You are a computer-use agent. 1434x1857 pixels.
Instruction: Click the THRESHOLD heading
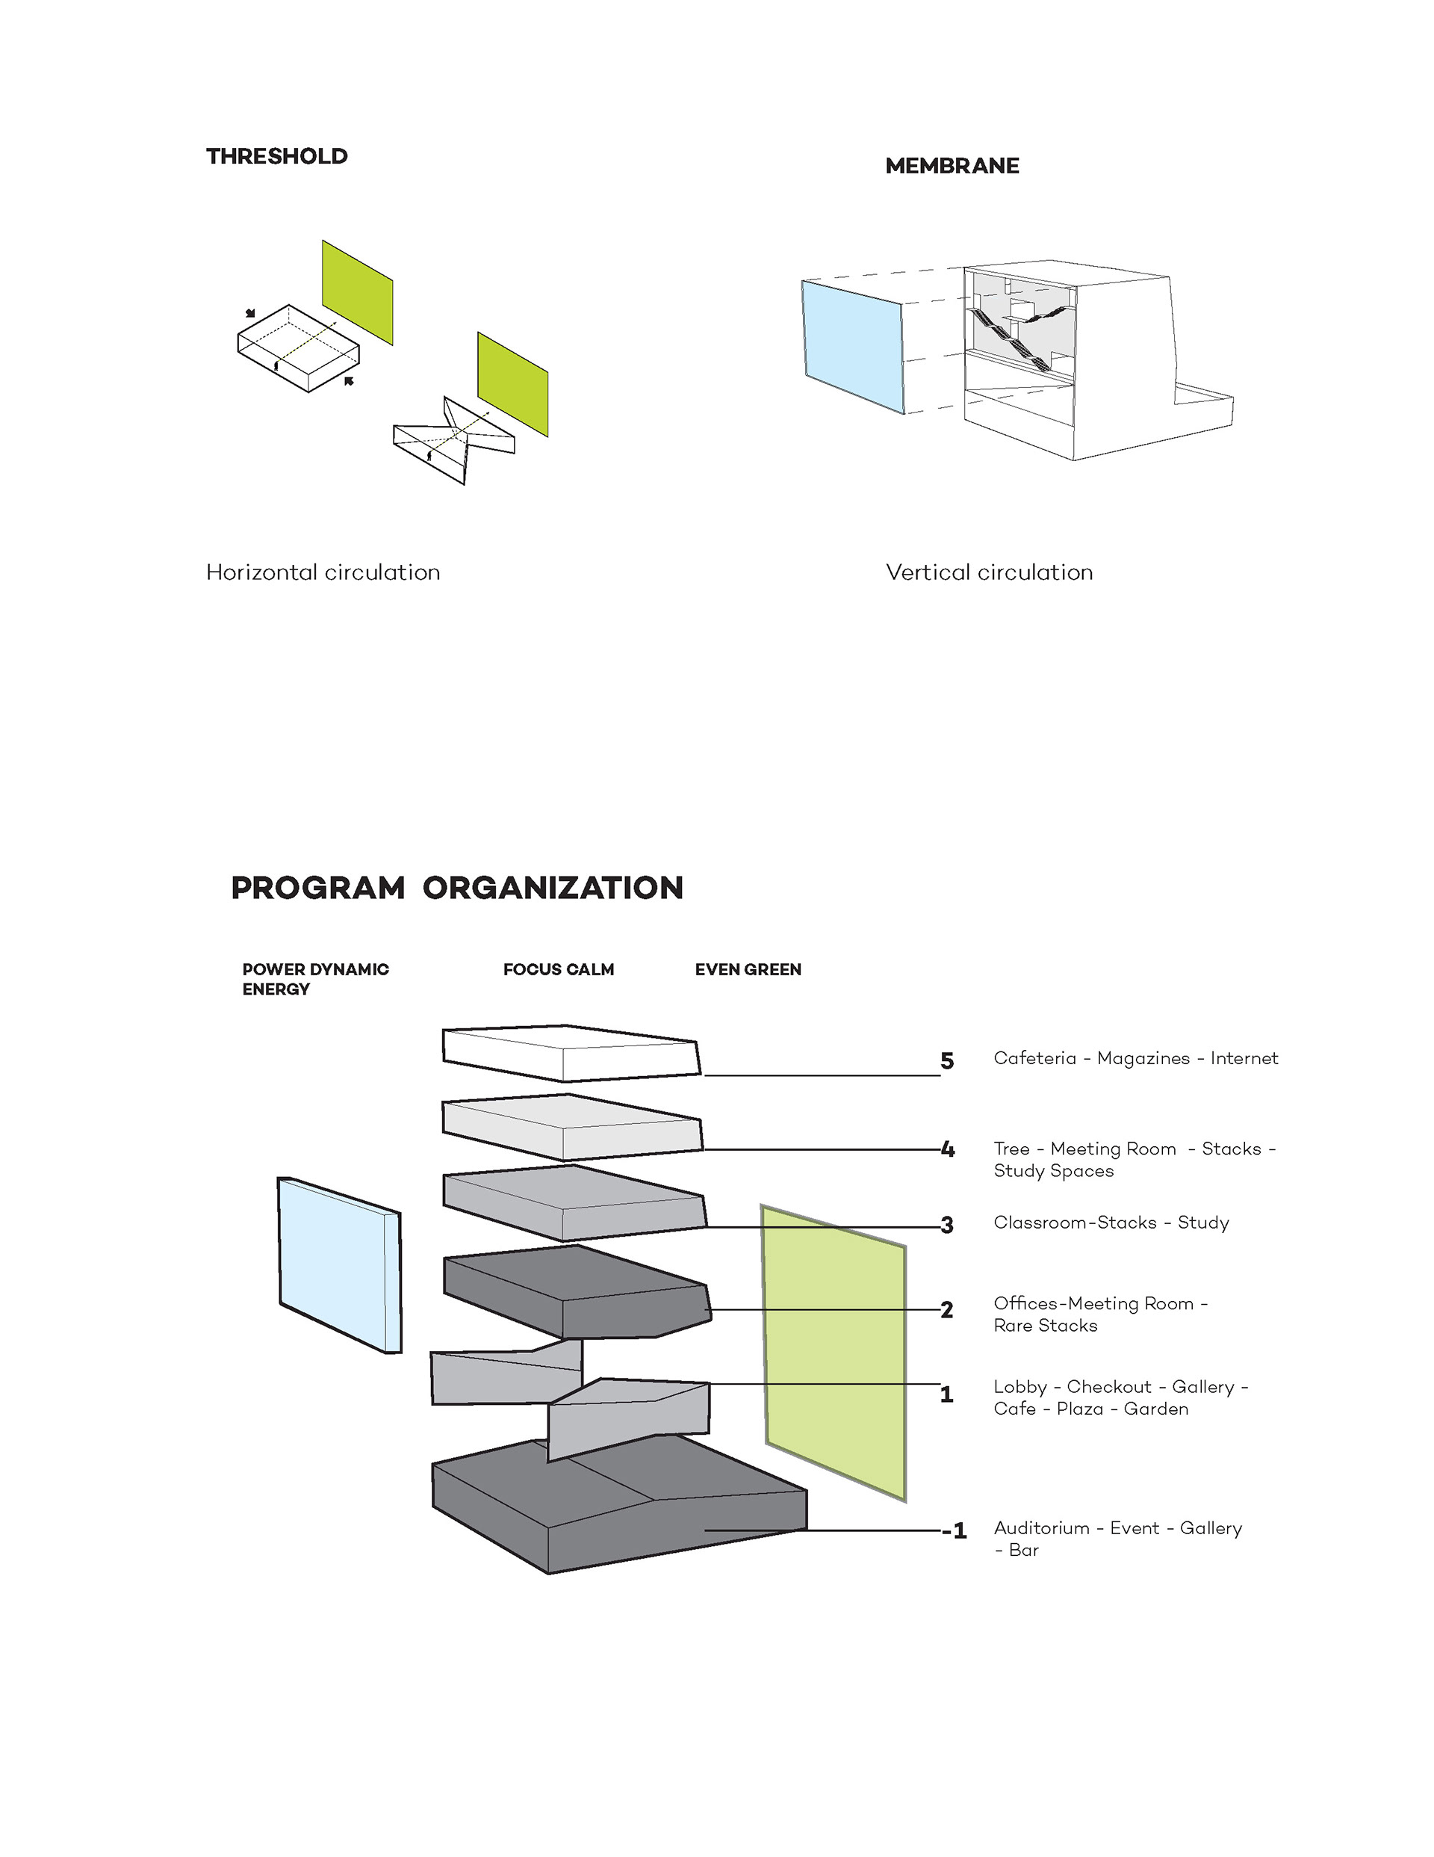point(276,156)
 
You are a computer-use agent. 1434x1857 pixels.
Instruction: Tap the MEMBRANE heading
point(952,166)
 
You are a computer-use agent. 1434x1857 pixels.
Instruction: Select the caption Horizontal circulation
point(323,572)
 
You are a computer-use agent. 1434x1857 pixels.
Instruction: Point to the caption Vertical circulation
point(989,572)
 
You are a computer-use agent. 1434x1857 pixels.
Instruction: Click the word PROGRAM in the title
point(318,888)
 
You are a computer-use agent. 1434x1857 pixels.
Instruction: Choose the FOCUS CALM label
point(558,969)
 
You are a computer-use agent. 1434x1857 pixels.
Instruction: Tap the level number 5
point(946,1061)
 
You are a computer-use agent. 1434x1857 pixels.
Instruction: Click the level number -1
point(954,1531)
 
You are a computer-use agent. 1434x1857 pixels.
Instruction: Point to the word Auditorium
point(1040,1528)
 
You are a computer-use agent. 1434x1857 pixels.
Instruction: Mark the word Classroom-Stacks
point(1075,1223)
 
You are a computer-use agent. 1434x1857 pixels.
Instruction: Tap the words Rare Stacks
point(1045,1326)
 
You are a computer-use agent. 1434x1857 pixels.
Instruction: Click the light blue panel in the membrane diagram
point(851,346)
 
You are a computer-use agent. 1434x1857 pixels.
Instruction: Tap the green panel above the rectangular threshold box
point(357,291)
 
